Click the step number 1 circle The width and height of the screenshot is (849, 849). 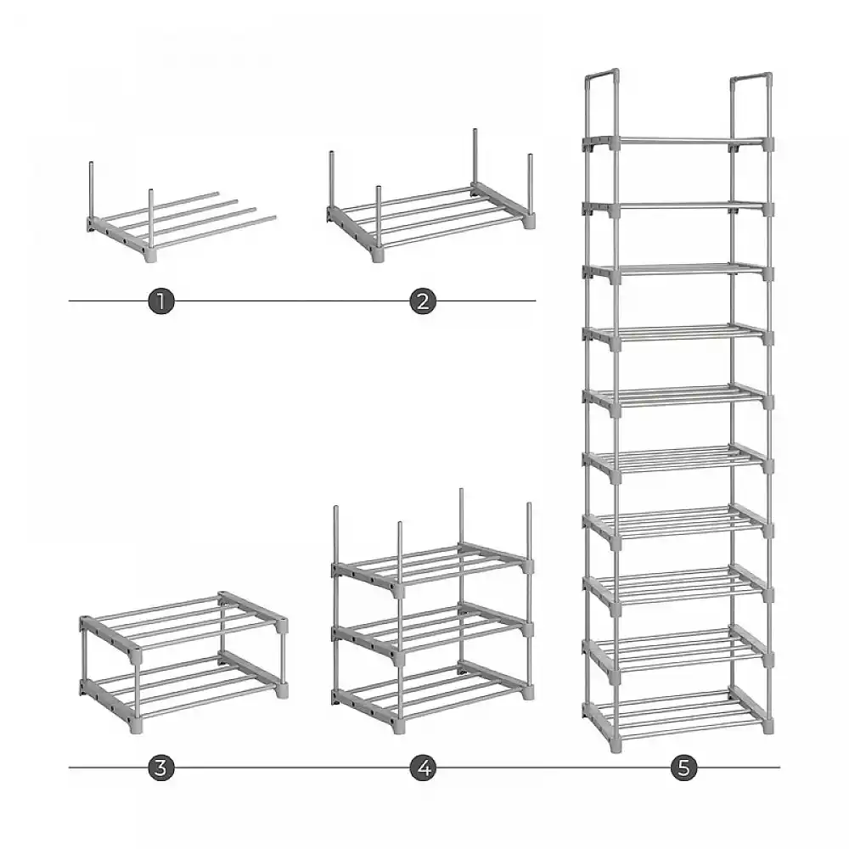click(160, 301)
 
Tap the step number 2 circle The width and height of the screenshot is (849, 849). click(423, 301)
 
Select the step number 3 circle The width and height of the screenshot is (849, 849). click(160, 767)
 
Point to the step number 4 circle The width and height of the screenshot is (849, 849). click(423, 767)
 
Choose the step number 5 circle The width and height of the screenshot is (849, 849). click(683, 767)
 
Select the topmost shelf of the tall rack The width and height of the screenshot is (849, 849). click(678, 143)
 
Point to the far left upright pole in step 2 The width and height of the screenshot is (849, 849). click(331, 180)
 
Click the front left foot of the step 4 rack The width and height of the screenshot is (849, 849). click(398, 727)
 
